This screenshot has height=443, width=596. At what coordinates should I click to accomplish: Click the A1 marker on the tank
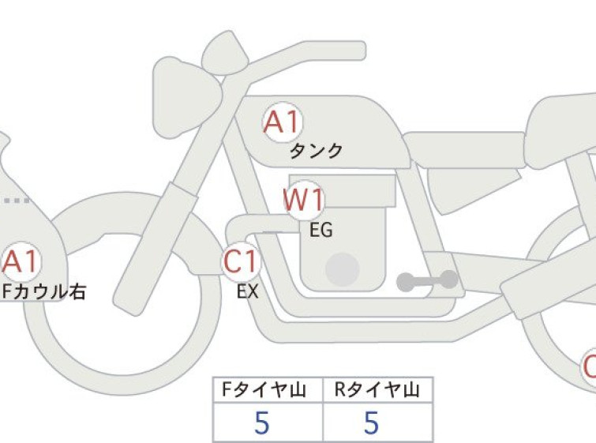coord(283,122)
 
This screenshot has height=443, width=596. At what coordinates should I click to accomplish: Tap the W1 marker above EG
coord(304,200)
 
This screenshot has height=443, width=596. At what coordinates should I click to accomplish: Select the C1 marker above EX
coord(242,261)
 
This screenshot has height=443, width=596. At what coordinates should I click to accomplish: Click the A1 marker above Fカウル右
coord(21,261)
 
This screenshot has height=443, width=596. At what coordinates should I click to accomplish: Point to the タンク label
coord(317,151)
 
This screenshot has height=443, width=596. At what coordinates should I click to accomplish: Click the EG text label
coord(321,230)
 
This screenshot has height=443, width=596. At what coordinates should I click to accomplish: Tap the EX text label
coord(247,292)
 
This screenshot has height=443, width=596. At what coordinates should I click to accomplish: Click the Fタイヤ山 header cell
coord(268,390)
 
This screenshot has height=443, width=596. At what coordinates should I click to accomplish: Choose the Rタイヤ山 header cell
coord(378,390)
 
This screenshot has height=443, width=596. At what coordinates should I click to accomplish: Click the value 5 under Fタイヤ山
coord(262,422)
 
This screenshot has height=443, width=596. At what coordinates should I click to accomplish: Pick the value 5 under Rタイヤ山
coord(372,422)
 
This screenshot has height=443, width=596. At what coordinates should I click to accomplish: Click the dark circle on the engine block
coord(343,269)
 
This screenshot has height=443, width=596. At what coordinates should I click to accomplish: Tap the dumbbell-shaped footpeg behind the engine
coord(428,281)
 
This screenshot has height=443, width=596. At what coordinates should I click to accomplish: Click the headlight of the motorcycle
coord(186,98)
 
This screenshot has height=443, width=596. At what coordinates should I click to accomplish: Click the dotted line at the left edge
coord(16,201)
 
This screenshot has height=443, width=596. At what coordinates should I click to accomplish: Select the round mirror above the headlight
coord(225,53)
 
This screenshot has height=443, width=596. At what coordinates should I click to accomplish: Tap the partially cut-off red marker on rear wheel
coord(589,367)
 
